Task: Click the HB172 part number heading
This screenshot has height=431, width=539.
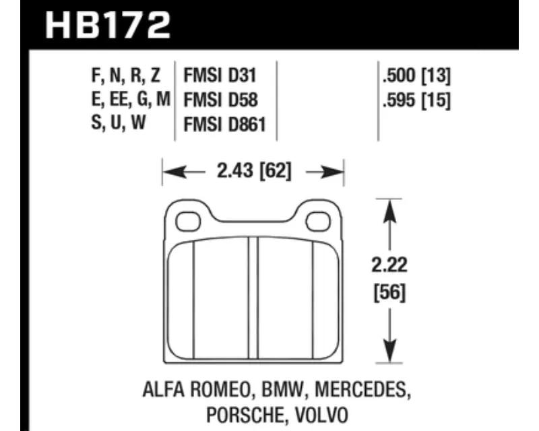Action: (108, 26)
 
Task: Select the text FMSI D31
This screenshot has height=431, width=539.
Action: (220, 75)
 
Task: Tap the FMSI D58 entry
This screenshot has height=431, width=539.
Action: (221, 100)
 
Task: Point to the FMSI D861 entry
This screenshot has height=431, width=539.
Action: (225, 124)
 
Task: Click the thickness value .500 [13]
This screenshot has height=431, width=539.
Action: (416, 75)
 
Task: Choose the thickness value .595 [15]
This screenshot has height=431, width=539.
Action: (416, 100)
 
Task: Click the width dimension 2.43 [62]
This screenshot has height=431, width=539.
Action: (254, 171)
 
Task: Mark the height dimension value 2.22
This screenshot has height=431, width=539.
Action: (389, 265)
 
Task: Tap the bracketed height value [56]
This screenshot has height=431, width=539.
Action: (390, 293)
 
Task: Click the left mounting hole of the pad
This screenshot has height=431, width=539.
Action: (188, 222)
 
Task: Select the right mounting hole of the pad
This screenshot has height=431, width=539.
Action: (318, 222)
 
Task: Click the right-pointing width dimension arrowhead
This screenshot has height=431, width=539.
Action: (331, 172)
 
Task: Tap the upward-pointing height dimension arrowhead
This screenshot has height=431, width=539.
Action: (389, 211)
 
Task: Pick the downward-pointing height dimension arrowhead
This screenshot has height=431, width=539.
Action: (389, 351)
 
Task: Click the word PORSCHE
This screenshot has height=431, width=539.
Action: (245, 416)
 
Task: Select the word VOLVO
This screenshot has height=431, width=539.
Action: (322, 416)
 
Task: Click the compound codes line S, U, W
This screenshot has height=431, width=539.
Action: (119, 123)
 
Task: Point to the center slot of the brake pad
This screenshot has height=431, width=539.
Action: (253, 298)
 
